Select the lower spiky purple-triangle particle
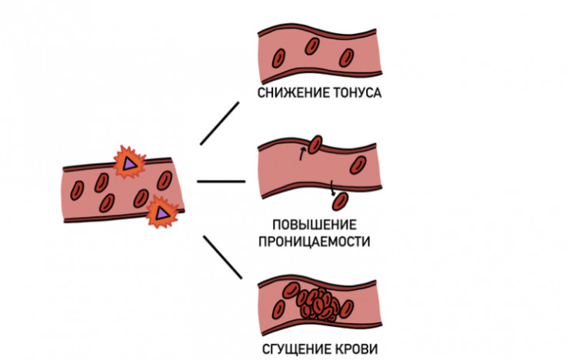[x=161, y=210]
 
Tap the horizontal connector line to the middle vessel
[x=221, y=182]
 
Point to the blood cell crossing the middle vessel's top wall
[x=315, y=144]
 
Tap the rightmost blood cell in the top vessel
[x=348, y=55]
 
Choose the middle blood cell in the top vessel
[x=312, y=46]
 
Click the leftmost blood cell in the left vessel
[x=77, y=188]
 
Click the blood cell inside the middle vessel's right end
[x=358, y=164]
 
